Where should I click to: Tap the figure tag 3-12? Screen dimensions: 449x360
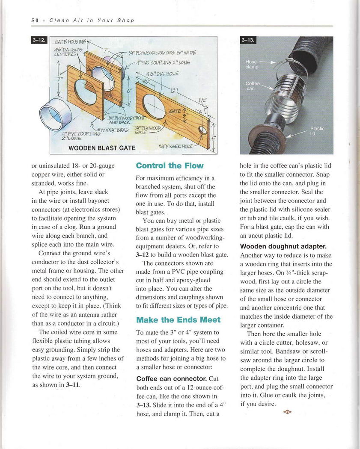coord(39,40)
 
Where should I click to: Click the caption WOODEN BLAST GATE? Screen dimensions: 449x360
coord(102,148)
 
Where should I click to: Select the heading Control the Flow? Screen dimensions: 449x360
coord(170,165)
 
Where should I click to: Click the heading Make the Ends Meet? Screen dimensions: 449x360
coord(178,319)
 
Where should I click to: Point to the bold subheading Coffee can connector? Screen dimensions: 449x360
coord(171,379)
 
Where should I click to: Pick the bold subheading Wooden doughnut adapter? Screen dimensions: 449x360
coord(283,246)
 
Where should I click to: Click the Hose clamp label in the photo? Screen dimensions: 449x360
coord(252,64)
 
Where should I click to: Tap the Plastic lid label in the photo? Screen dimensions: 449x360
coord(317,131)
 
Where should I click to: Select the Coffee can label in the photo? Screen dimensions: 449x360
coord(253,86)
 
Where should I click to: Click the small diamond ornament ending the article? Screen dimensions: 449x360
coord(287,412)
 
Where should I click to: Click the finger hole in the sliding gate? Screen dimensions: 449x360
coord(204,130)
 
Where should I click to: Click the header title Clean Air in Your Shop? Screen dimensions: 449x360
coord(92,20)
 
